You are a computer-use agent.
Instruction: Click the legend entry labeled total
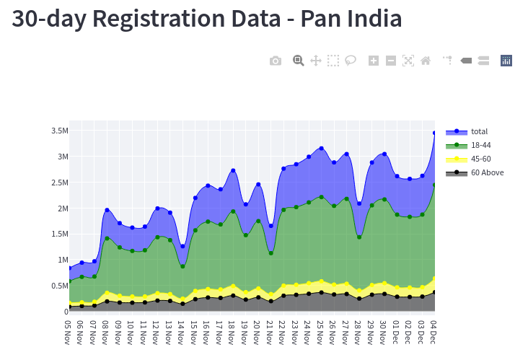click(x=479, y=131)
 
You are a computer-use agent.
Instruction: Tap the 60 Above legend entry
click(x=487, y=172)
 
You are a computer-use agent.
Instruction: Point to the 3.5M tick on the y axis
click(x=59, y=131)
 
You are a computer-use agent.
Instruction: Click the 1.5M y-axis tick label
click(x=59, y=234)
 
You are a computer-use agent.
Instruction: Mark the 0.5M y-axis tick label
click(x=59, y=286)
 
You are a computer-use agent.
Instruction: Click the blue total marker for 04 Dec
click(x=434, y=133)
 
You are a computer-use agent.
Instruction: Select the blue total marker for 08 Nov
click(x=107, y=210)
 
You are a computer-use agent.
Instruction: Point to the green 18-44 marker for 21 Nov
click(x=270, y=253)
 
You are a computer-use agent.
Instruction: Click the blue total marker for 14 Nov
click(x=182, y=247)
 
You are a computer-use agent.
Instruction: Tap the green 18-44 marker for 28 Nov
click(x=358, y=237)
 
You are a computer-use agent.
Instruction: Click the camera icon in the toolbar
click(x=276, y=61)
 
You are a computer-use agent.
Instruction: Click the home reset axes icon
click(x=426, y=61)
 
